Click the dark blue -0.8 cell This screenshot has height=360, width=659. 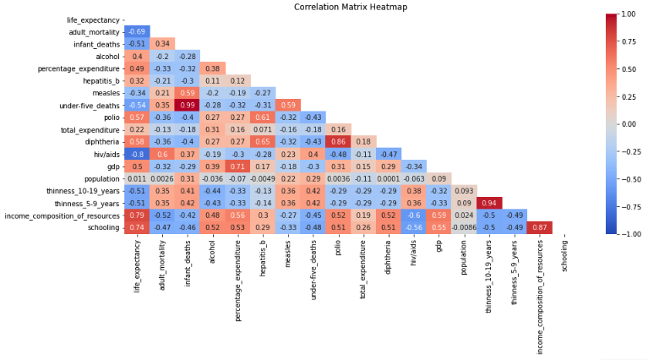pos(137,154)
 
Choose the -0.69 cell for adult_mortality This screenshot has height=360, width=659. pos(137,32)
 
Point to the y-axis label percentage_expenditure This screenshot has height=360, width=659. pos(80,68)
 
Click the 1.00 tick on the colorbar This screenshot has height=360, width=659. pos(629,14)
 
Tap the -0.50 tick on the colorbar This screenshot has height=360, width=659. pos(630,178)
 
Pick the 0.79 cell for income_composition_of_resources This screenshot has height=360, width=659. pos(137,215)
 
